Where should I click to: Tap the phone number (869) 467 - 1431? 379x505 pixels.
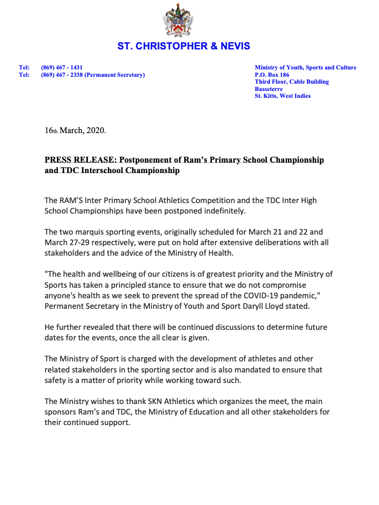pos(62,68)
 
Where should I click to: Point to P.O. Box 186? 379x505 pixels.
pos(272,75)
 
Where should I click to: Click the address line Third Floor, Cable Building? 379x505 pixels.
pos(292,82)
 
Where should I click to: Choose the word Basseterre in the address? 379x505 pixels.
pos(268,89)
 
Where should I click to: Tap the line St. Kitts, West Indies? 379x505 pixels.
pos(282,96)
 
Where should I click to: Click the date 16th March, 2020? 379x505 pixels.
pos(75,130)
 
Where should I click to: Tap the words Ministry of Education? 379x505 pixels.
pos(204,412)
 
